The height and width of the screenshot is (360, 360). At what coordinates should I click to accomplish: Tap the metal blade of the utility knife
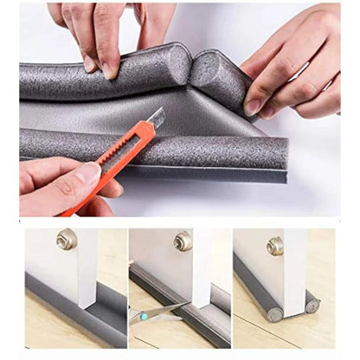click(x=155, y=118)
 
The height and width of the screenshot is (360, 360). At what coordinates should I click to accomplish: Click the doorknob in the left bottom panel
click(x=66, y=239)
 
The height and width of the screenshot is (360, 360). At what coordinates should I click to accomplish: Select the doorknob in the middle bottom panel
click(x=183, y=241)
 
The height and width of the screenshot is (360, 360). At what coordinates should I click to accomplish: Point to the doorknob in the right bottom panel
click(x=275, y=245)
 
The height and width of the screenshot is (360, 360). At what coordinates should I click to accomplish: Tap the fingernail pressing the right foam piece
click(x=252, y=106)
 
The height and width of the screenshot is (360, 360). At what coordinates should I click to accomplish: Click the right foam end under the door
click(x=311, y=305)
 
